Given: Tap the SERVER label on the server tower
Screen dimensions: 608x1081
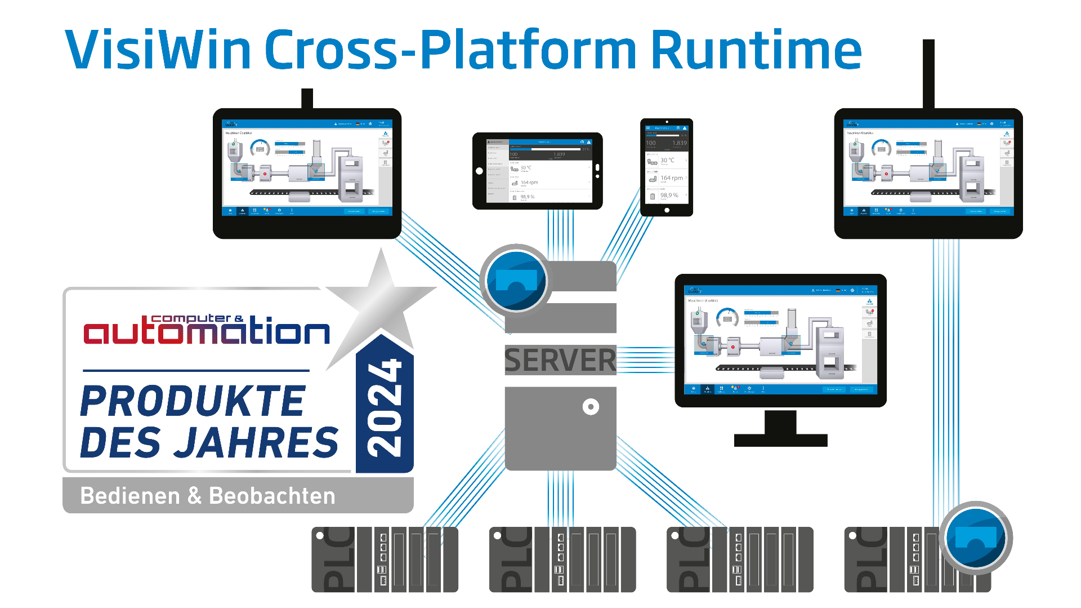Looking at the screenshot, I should pyautogui.click(x=560, y=360).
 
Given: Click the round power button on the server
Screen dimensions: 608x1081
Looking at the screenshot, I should pyautogui.click(x=591, y=406).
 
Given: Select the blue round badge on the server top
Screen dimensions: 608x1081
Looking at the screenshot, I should pyautogui.click(x=516, y=280).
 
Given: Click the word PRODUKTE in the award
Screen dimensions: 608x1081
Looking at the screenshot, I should pyautogui.click(x=193, y=401).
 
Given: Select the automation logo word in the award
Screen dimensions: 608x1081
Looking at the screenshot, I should pyautogui.click(x=206, y=331).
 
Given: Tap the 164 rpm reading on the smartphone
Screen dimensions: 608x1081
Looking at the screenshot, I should pyautogui.click(x=671, y=178).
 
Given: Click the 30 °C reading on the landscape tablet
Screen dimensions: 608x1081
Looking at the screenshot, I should pyautogui.click(x=526, y=168).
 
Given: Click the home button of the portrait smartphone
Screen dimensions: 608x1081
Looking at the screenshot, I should pyautogui.click(x=667, y=210).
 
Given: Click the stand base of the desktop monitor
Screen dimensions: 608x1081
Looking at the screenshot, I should pyautogui.click(x=780, y=440).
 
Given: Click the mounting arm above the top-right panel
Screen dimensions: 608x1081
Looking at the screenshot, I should pyautogui.click(x=928, y=73).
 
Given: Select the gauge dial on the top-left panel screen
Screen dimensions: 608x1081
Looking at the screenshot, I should pyautogui.click(x=260, y=149).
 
